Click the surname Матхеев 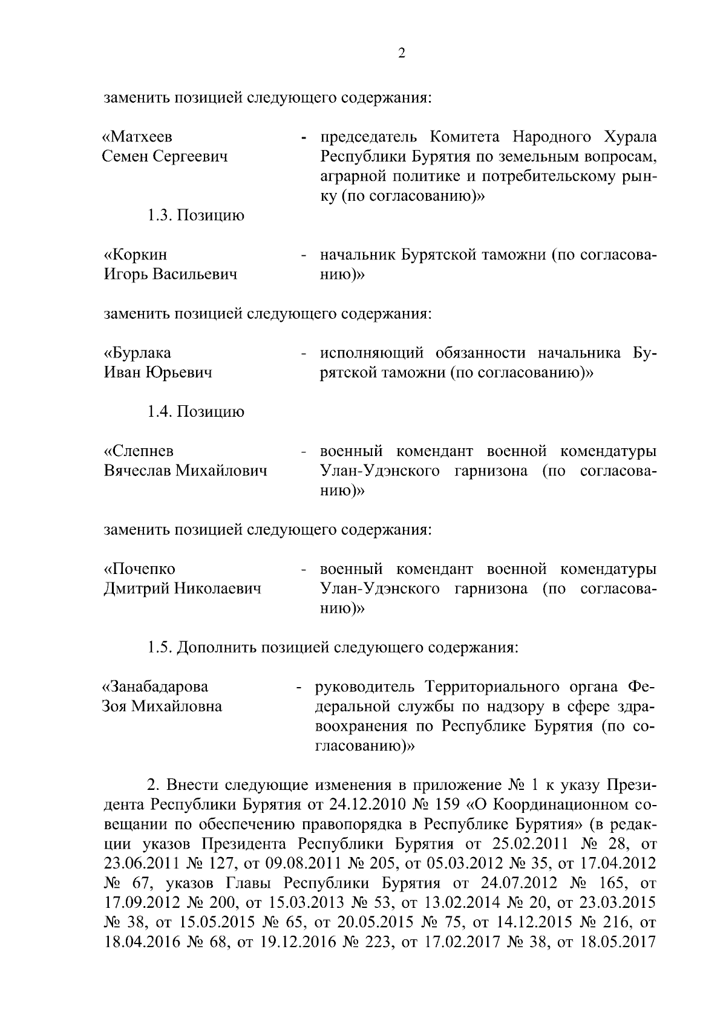click(140, 137)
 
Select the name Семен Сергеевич click(165, 157)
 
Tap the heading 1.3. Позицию click(196, 216)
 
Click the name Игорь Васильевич click(171, 275)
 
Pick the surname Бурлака click(137, 353)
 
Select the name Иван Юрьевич click(158, 373)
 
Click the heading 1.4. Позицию click(196, 412)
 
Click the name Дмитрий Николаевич click(183, 588)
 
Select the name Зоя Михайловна click(162, 706)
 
